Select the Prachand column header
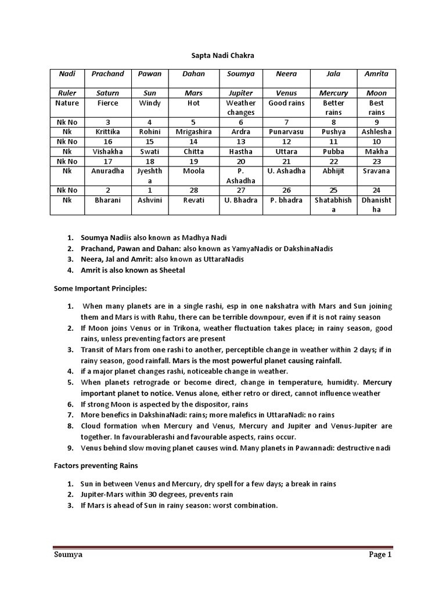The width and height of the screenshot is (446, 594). click(108, 74)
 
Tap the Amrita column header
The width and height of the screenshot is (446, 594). click(376, 74)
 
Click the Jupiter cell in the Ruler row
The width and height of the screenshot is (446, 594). click(240, 93)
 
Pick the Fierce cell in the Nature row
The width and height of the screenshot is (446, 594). click(108, 103)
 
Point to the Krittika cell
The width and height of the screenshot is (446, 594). click(108, 132)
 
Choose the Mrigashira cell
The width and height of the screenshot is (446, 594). click(194, 132)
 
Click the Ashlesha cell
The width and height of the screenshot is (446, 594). click(376, 132)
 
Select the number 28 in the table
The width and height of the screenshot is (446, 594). click(194, 190)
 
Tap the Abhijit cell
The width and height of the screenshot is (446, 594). click(334, 171)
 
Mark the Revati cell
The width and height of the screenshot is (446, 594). click(194, 200)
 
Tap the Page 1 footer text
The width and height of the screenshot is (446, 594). click(380, 555)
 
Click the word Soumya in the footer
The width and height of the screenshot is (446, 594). click(68, 555)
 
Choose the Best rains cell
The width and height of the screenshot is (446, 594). click(376, 107)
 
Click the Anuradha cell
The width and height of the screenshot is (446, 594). click(108, 171)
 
